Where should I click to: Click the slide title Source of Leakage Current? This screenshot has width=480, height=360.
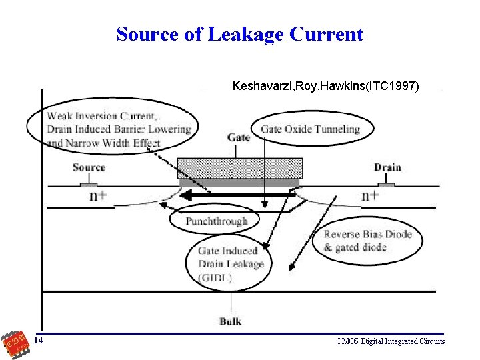point(240,34)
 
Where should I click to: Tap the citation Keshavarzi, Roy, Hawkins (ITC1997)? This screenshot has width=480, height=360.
point(326,86)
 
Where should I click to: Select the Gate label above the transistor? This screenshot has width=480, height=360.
point(239,137)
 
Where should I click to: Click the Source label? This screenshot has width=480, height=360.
point(89,167)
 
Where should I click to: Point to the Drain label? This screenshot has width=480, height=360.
point(387,167)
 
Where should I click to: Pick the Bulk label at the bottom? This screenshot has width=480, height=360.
point(231,321)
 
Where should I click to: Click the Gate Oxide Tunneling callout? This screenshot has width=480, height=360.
point(310,129)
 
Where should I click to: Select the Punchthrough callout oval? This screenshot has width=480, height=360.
point(217,221)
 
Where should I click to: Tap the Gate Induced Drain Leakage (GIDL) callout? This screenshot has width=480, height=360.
point(231,263)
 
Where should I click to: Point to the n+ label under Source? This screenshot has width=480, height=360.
point(98,196)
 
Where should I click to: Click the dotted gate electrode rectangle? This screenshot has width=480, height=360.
point(240,168)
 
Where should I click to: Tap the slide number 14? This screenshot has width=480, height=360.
point(39,341)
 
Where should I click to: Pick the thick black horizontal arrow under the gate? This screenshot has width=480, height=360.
point(240,195)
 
